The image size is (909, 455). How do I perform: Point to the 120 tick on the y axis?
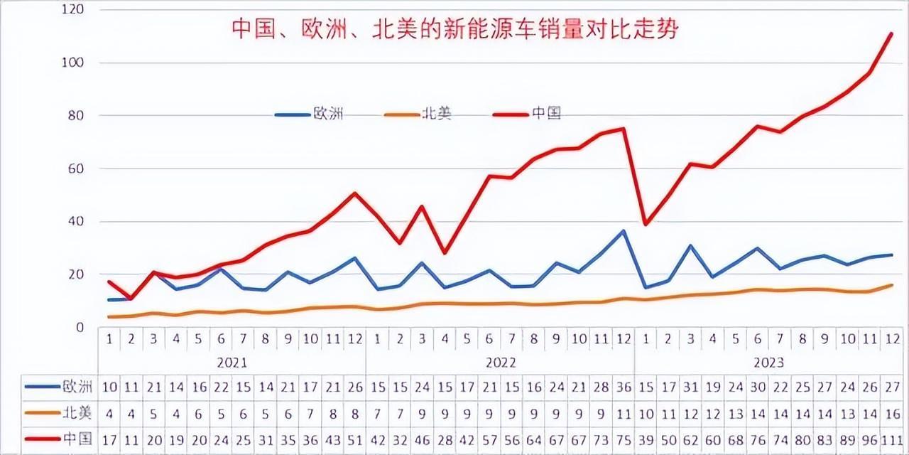(74, 10)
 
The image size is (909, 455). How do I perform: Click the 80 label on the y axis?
(77, 115)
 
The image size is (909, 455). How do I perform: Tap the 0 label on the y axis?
(80, 327)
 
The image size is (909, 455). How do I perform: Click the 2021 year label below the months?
(232, 363)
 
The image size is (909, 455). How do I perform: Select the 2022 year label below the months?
(501, 363)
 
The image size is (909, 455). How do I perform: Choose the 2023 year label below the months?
(768, 363)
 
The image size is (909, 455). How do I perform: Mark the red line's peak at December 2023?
(891, 33)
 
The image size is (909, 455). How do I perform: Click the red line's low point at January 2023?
(646, 224)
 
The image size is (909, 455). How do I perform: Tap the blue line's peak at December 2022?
(624, 231)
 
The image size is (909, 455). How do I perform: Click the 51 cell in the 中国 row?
(355, 439)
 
